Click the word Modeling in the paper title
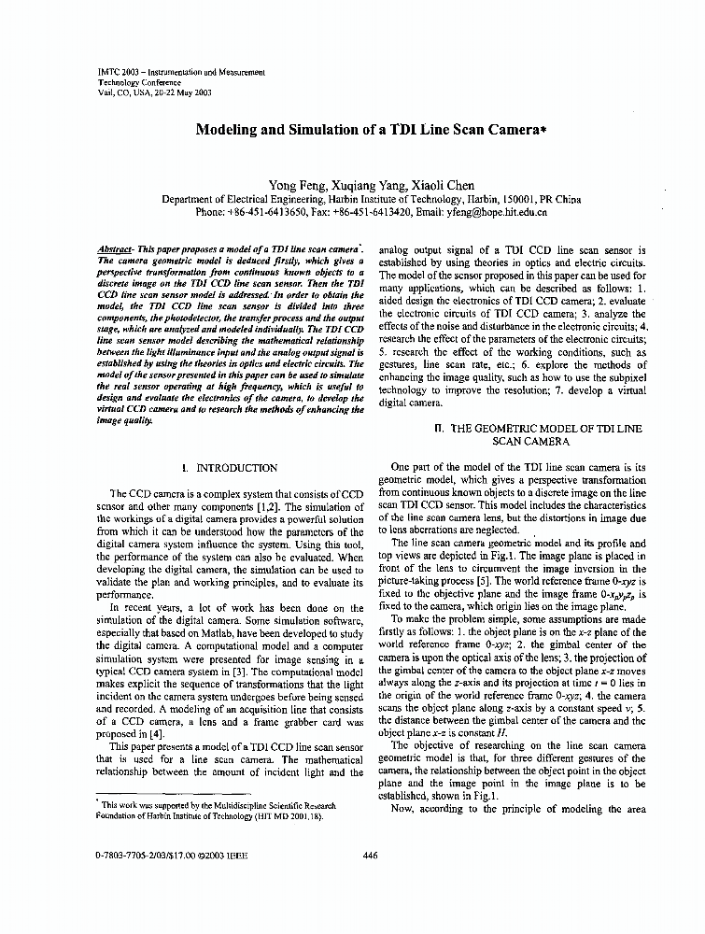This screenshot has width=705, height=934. click(228, 132)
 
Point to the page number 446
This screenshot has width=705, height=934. click(368, 854)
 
